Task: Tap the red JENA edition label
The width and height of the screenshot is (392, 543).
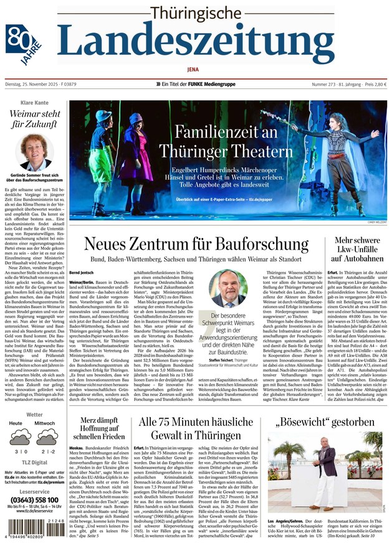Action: (x=196, y=70)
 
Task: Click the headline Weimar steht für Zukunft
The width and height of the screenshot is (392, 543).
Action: (x=35, y=120)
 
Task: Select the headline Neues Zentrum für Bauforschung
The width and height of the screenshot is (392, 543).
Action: (x=196, y=244)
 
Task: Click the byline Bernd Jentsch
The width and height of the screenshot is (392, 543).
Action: (x=82, y=272)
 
